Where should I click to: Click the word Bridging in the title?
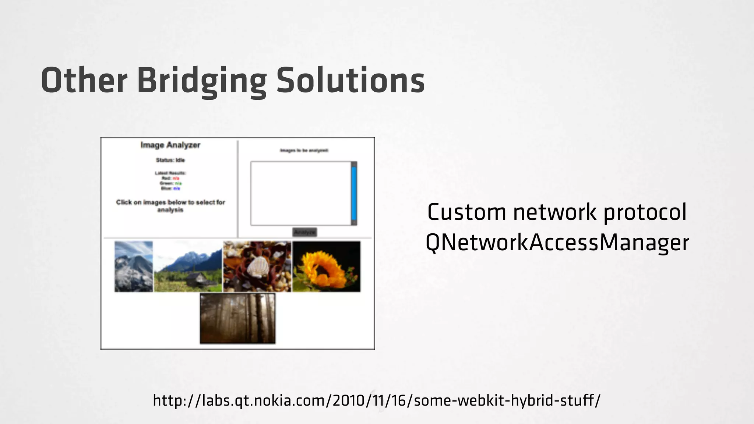(x=201, y=81)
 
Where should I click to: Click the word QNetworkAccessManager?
(x=557, y=243)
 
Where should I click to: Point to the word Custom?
(x=466, y=212)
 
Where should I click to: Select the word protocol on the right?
(x=645, y=213)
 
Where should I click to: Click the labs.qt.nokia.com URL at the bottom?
(x=377, y=400)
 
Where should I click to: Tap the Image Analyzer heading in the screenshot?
(x=170, y=145)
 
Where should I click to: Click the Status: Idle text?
(x=170, y=160)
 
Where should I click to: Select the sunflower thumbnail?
(x=326, y=266)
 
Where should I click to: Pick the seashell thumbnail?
(x=257, y=266)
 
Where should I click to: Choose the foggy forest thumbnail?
(x=237, y=318)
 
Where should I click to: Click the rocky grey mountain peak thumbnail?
(x=134, y=266)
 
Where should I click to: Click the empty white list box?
(x=301, y=193)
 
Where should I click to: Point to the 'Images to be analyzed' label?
(x=304, y=150)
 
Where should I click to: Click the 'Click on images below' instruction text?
(x=170, y=206)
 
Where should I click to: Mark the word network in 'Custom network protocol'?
(x=554, y=212)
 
